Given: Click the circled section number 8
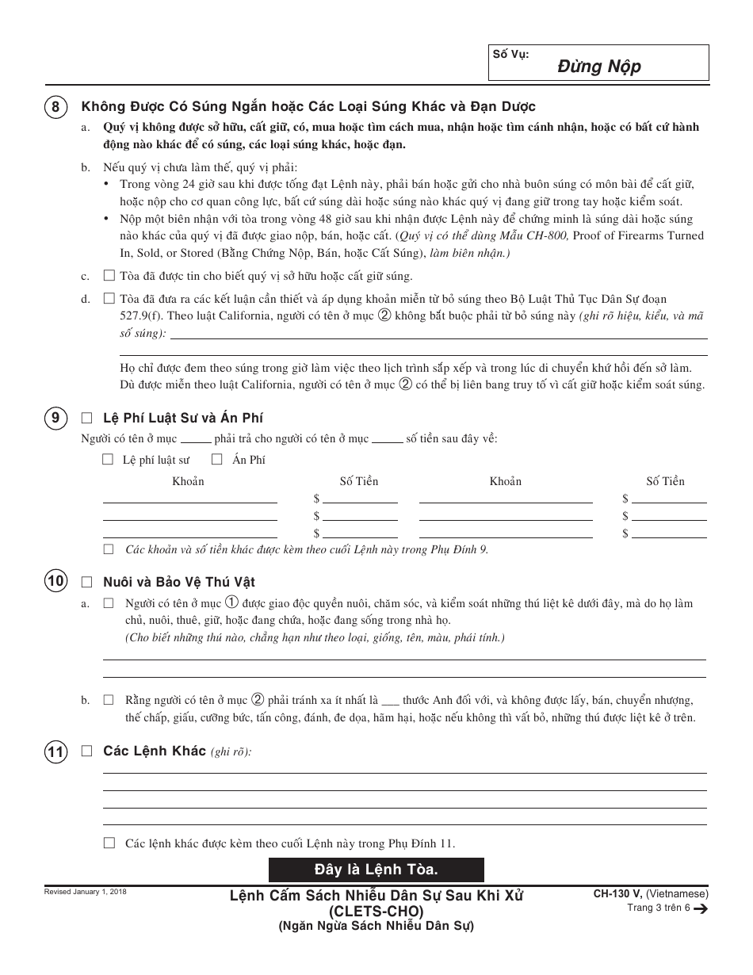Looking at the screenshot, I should pos(54,107).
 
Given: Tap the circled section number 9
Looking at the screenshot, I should pos(54,419).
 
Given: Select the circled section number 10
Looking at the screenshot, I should pos(54,582).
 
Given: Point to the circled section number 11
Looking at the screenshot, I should pos(54,751).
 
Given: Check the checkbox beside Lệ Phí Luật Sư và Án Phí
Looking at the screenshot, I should pos(87,419).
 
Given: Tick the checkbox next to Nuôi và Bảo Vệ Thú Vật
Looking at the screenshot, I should pos(87,582).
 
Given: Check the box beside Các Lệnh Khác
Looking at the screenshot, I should pos(87,751).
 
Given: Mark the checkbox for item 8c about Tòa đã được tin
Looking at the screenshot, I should pos(109,276).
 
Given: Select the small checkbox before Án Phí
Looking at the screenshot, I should pos(216,459).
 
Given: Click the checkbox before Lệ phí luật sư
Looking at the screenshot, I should pos(108,459).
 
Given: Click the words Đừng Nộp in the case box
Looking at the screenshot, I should pos(610,67).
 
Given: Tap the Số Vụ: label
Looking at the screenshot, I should pos(510,54).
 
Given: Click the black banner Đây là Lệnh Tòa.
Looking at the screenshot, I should pos(376,870).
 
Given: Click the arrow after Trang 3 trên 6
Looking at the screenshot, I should pos(700,909).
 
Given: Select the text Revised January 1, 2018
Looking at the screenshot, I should pos(85,892).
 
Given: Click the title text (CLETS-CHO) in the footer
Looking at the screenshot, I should pos(376,911).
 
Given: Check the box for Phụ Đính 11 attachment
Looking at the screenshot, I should pos(109,843).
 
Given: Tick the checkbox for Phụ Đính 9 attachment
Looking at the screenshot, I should pos(109,549).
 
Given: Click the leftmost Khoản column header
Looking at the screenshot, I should pos(188,481).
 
